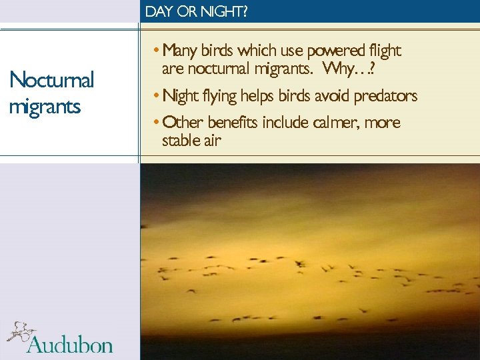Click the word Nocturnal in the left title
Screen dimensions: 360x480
pos(52,80)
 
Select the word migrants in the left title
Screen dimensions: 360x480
pos(45,106)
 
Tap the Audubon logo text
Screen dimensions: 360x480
pos(69,344)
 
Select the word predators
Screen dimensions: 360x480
pos(385,96)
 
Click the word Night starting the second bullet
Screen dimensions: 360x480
pos(180,96)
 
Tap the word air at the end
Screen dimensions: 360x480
pos(210,140)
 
